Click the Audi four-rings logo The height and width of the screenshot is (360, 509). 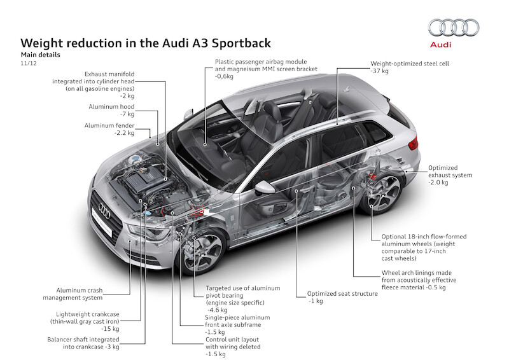point(453,27)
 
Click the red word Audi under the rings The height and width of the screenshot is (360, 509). point(453,45)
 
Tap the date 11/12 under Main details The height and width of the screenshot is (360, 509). point(28,64)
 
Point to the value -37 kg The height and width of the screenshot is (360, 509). point(380,72)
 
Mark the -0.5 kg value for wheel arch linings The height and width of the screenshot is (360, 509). point(434,288)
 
